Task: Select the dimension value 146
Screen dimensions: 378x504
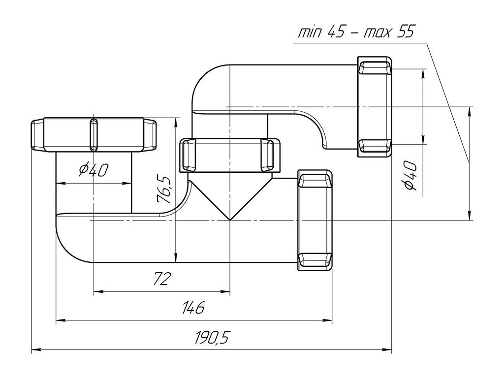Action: tap(193, 308)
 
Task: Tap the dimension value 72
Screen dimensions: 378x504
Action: tap(161, 279)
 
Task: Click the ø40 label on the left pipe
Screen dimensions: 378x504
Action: tap(94, 170)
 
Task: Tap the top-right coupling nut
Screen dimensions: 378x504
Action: tap(375, 107)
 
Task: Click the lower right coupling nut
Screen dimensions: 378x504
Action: tap(315, 220)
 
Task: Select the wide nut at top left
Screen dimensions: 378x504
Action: tap(94, 135)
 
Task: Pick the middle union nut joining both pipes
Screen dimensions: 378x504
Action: tap(230, 155)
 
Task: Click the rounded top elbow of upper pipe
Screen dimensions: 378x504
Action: tap(204, 79)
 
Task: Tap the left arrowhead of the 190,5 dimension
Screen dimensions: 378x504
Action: tap(35, 350)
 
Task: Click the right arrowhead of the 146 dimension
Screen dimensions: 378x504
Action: tap(328, 321)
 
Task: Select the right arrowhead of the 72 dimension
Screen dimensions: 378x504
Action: tap(226, 292)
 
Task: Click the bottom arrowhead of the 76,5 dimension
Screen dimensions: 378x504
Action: tap(176, 259)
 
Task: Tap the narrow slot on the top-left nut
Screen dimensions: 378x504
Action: tap(94, 135)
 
